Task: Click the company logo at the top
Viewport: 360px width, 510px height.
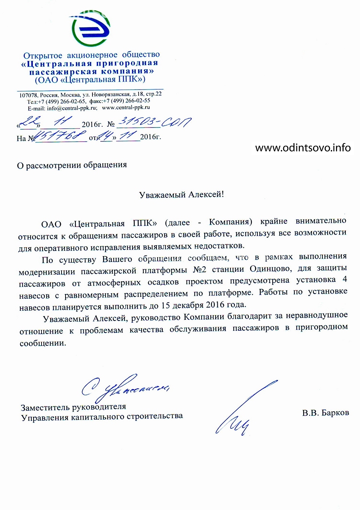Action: point(90,28)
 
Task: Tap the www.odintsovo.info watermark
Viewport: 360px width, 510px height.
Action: point(303,148)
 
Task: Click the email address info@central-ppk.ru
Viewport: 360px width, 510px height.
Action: point(72,108)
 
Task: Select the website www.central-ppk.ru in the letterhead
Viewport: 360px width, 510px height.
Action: point(126,107)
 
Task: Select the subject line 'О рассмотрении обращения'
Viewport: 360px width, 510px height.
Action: point(72,165)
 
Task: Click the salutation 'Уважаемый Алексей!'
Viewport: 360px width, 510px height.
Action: point(181,195)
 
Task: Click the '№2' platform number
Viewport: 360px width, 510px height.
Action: point(199,270)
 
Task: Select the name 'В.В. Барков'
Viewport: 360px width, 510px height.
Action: point(325,413)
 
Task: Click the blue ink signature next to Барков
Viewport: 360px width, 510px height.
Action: point(244,408)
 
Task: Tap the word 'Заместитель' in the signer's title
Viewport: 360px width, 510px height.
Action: point(45,408)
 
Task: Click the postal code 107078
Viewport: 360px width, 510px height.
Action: point(28,95)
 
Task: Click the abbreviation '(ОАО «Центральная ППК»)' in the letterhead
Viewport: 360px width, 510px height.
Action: point(90,79)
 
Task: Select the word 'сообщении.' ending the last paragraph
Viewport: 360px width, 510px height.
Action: point(43,343)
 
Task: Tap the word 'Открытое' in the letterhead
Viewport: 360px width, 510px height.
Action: point(43,56)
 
